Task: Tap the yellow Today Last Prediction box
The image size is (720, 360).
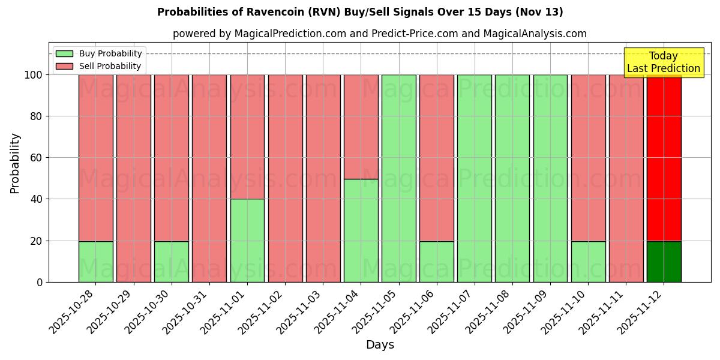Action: click(x=664, y=62)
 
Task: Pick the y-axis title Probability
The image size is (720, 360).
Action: click(x=15, y=163)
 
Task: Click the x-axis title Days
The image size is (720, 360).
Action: click(x=380, y=345)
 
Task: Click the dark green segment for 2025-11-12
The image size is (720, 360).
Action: click(x=664, y=262)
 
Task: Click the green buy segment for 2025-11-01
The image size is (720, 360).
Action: click(x=247, y=240)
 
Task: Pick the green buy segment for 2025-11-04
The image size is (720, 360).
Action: click(x=361, y=230)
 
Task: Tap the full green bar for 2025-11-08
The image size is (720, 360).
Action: click(x=512, y=178)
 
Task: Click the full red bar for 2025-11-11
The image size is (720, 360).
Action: click(x=626, y=178)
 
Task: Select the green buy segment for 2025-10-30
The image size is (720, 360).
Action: click(x=172, y=262)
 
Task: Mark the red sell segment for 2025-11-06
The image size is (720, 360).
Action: click(x=436, y=157)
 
